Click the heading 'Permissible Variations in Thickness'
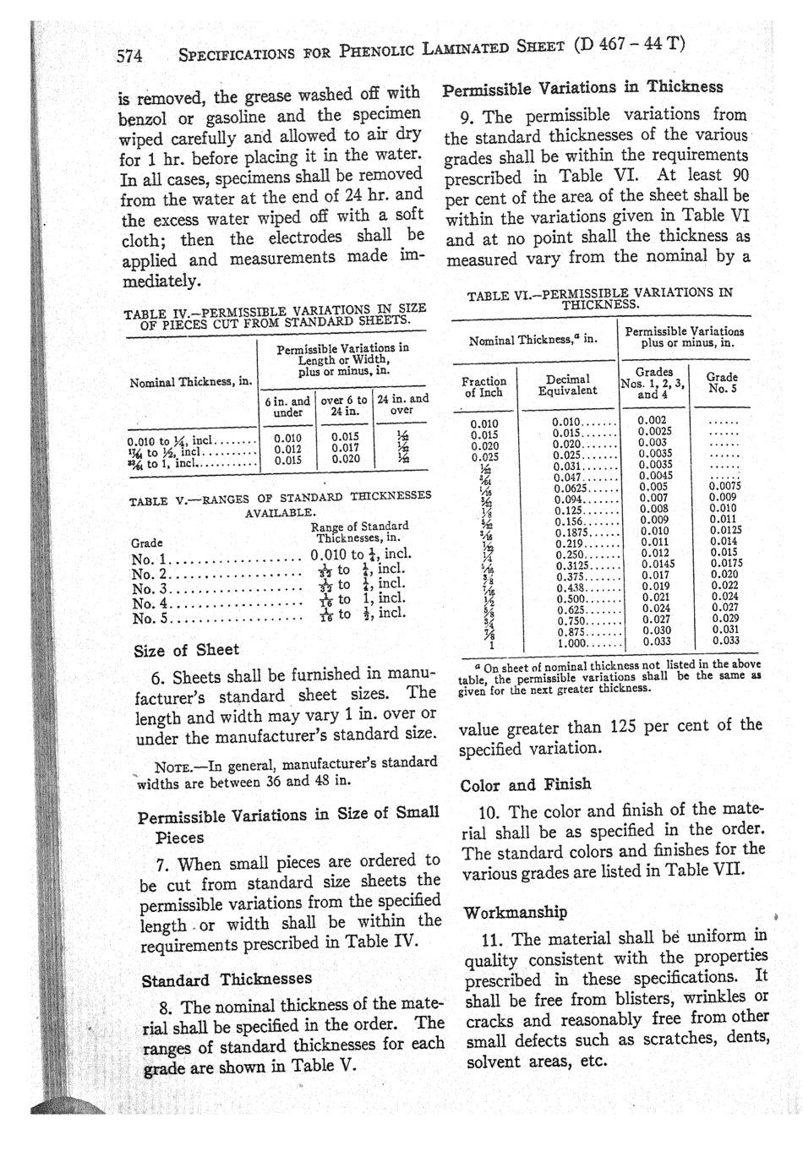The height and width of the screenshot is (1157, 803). pyautogui.click(x=583, y=87)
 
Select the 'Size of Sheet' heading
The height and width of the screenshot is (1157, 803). pyautogui.click(x=186, y=650)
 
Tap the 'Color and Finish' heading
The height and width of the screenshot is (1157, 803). pyautogui.click(x=525, y=784)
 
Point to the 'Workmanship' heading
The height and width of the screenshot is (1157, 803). pyautogui.click(x=515, y=912)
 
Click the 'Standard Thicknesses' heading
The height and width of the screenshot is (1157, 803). pyautogui.click(x=226, y=980)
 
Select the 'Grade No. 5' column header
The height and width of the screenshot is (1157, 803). pyautogui.click(x=722, y=383)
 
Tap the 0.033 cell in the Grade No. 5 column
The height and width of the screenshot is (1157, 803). pyautogui.click(x=724, y=641)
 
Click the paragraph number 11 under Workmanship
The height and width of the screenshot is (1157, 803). pyautogui.click(x=493, y=939)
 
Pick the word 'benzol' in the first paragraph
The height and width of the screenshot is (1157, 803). pyautogui.click(x=143, y=116)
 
